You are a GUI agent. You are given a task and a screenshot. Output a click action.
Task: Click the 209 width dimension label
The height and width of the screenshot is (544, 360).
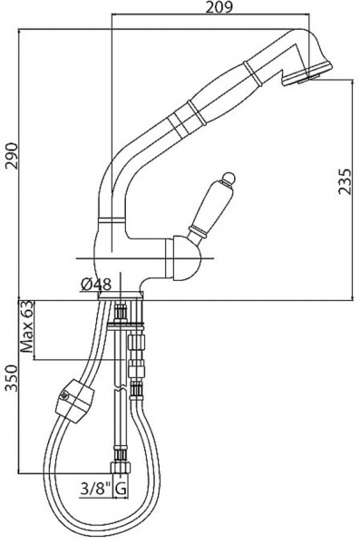click(219, 7)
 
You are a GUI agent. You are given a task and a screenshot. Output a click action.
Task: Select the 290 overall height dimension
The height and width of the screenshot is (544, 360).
click(14, 155)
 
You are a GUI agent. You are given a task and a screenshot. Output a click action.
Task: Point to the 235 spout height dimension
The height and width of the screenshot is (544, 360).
click(345, 182)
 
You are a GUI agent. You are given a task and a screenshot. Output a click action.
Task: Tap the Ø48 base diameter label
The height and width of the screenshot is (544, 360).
click(96, 286)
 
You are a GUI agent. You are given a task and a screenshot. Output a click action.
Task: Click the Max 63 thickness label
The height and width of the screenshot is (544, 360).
click(26, 326)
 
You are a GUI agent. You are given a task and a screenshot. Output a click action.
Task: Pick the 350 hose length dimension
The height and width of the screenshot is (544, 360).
click(12, 378)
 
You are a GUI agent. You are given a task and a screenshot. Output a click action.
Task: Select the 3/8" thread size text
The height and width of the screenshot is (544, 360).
click(95, 490)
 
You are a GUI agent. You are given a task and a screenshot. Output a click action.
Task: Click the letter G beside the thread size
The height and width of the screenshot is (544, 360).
click(120, 490)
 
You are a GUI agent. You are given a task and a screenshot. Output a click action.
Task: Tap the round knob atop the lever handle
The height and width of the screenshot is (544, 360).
click(229, 179)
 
